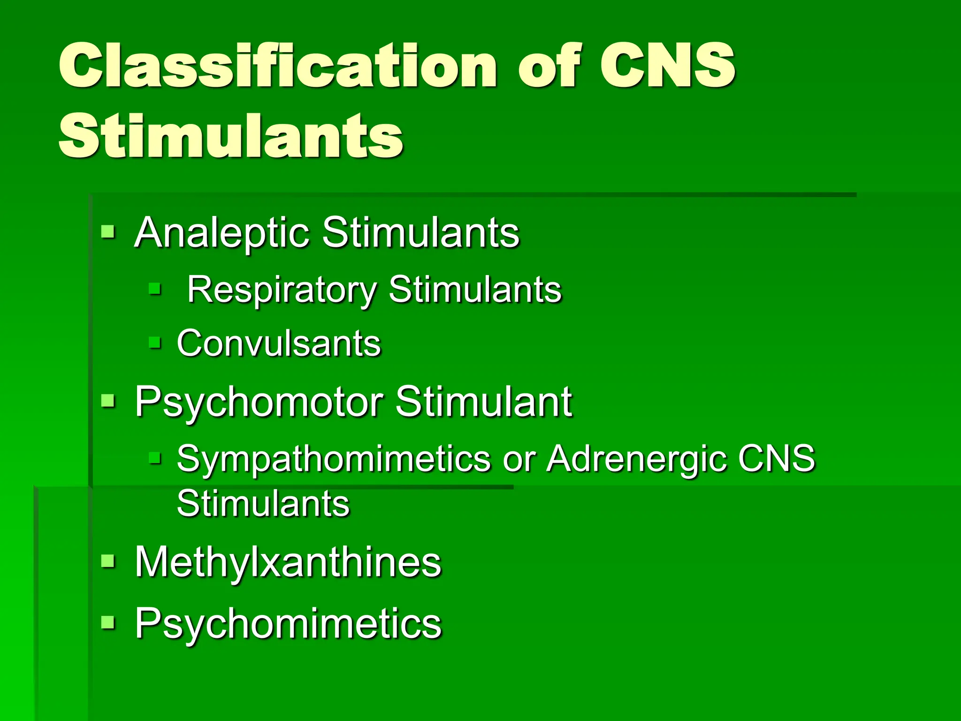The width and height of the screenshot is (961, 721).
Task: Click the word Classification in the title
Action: point(277,66)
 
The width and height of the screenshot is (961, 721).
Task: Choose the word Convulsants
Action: point(279,343)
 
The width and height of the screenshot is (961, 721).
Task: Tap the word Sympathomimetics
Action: point(334,458)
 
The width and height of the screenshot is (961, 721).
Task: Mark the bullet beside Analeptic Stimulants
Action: point(108,231)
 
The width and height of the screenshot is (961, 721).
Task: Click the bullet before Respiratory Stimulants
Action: point(154,288)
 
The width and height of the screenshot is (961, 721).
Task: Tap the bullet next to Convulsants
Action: point(154,342)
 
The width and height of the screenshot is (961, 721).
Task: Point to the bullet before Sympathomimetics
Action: point(154,457)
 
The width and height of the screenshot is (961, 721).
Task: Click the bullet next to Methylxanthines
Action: point(108,561)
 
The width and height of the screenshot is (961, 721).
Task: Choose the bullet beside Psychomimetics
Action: point(108,622)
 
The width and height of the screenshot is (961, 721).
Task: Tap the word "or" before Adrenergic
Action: point(519,459)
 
